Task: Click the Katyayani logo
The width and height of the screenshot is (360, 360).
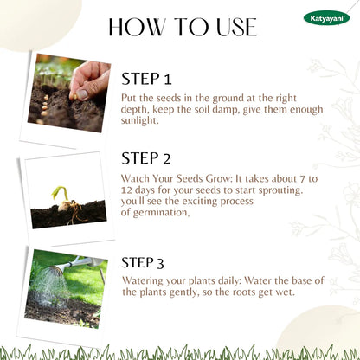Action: coord(326,18)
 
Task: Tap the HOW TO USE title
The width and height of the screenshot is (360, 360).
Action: coord(183,27)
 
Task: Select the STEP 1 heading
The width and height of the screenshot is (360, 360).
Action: coord(146,79)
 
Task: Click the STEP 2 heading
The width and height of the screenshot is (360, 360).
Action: coord(146,158)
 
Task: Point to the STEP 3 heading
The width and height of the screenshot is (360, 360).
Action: coord(143,262)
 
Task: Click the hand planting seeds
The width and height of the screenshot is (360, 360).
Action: coord(90,80)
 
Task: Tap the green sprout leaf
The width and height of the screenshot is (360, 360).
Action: coord(60,193)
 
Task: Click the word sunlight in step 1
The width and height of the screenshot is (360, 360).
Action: coord(139,120)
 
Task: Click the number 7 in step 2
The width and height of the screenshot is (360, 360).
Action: coord(302,179)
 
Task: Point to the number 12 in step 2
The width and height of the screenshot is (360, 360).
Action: coord(126,190)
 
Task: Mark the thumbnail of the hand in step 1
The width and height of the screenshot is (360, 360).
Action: coord(69,93)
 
